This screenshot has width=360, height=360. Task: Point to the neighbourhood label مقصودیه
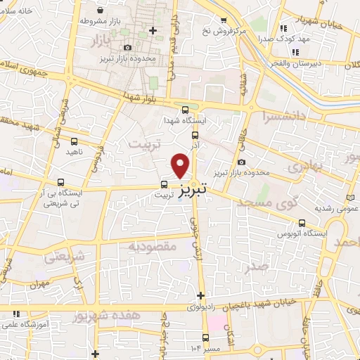[150, 247]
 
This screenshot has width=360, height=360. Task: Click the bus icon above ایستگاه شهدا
[185, 109]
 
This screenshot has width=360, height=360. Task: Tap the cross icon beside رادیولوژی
[201, 296]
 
